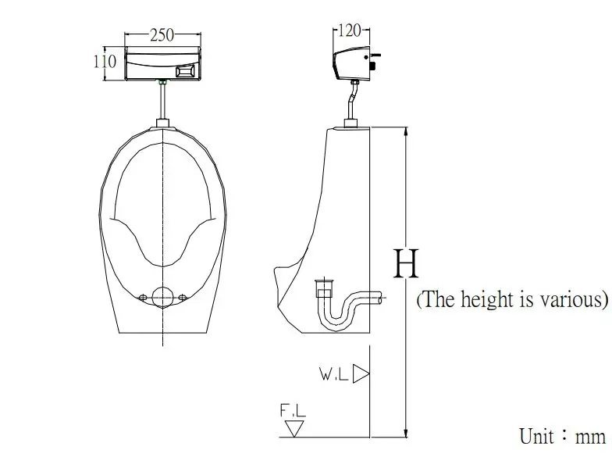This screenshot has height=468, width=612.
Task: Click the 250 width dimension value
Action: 162,35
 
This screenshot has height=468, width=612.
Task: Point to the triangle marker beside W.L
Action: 360,374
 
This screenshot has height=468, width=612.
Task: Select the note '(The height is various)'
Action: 512,300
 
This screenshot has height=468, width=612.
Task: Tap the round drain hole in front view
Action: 162,297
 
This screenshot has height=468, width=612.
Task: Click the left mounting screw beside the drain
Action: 142,297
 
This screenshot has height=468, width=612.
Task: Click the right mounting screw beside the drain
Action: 183,297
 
